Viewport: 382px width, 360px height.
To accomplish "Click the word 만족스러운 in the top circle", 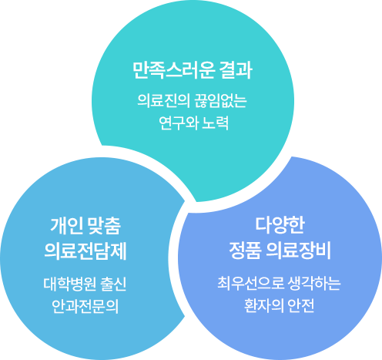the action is click(173, 70).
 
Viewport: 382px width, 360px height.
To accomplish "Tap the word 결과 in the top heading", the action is click(236, 70).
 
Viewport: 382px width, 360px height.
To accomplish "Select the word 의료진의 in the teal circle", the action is click(163, 100).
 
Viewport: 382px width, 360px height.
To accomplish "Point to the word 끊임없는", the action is click(220, 100).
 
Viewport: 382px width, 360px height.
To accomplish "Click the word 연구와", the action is click(179, 123).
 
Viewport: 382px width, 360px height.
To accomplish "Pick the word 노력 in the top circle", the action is click(216, 123).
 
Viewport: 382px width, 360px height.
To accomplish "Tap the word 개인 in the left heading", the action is click(67, 226).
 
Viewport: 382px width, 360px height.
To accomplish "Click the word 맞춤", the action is click(104, 226).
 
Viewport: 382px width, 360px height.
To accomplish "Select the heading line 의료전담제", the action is click(85, 251).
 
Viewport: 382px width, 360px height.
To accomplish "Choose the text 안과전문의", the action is click(85, 307).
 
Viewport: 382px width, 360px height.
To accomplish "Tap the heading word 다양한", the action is click(280, 225).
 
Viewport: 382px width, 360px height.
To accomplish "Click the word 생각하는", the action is click(314, 284).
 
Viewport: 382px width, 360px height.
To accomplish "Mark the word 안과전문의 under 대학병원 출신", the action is click(85, 307).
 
